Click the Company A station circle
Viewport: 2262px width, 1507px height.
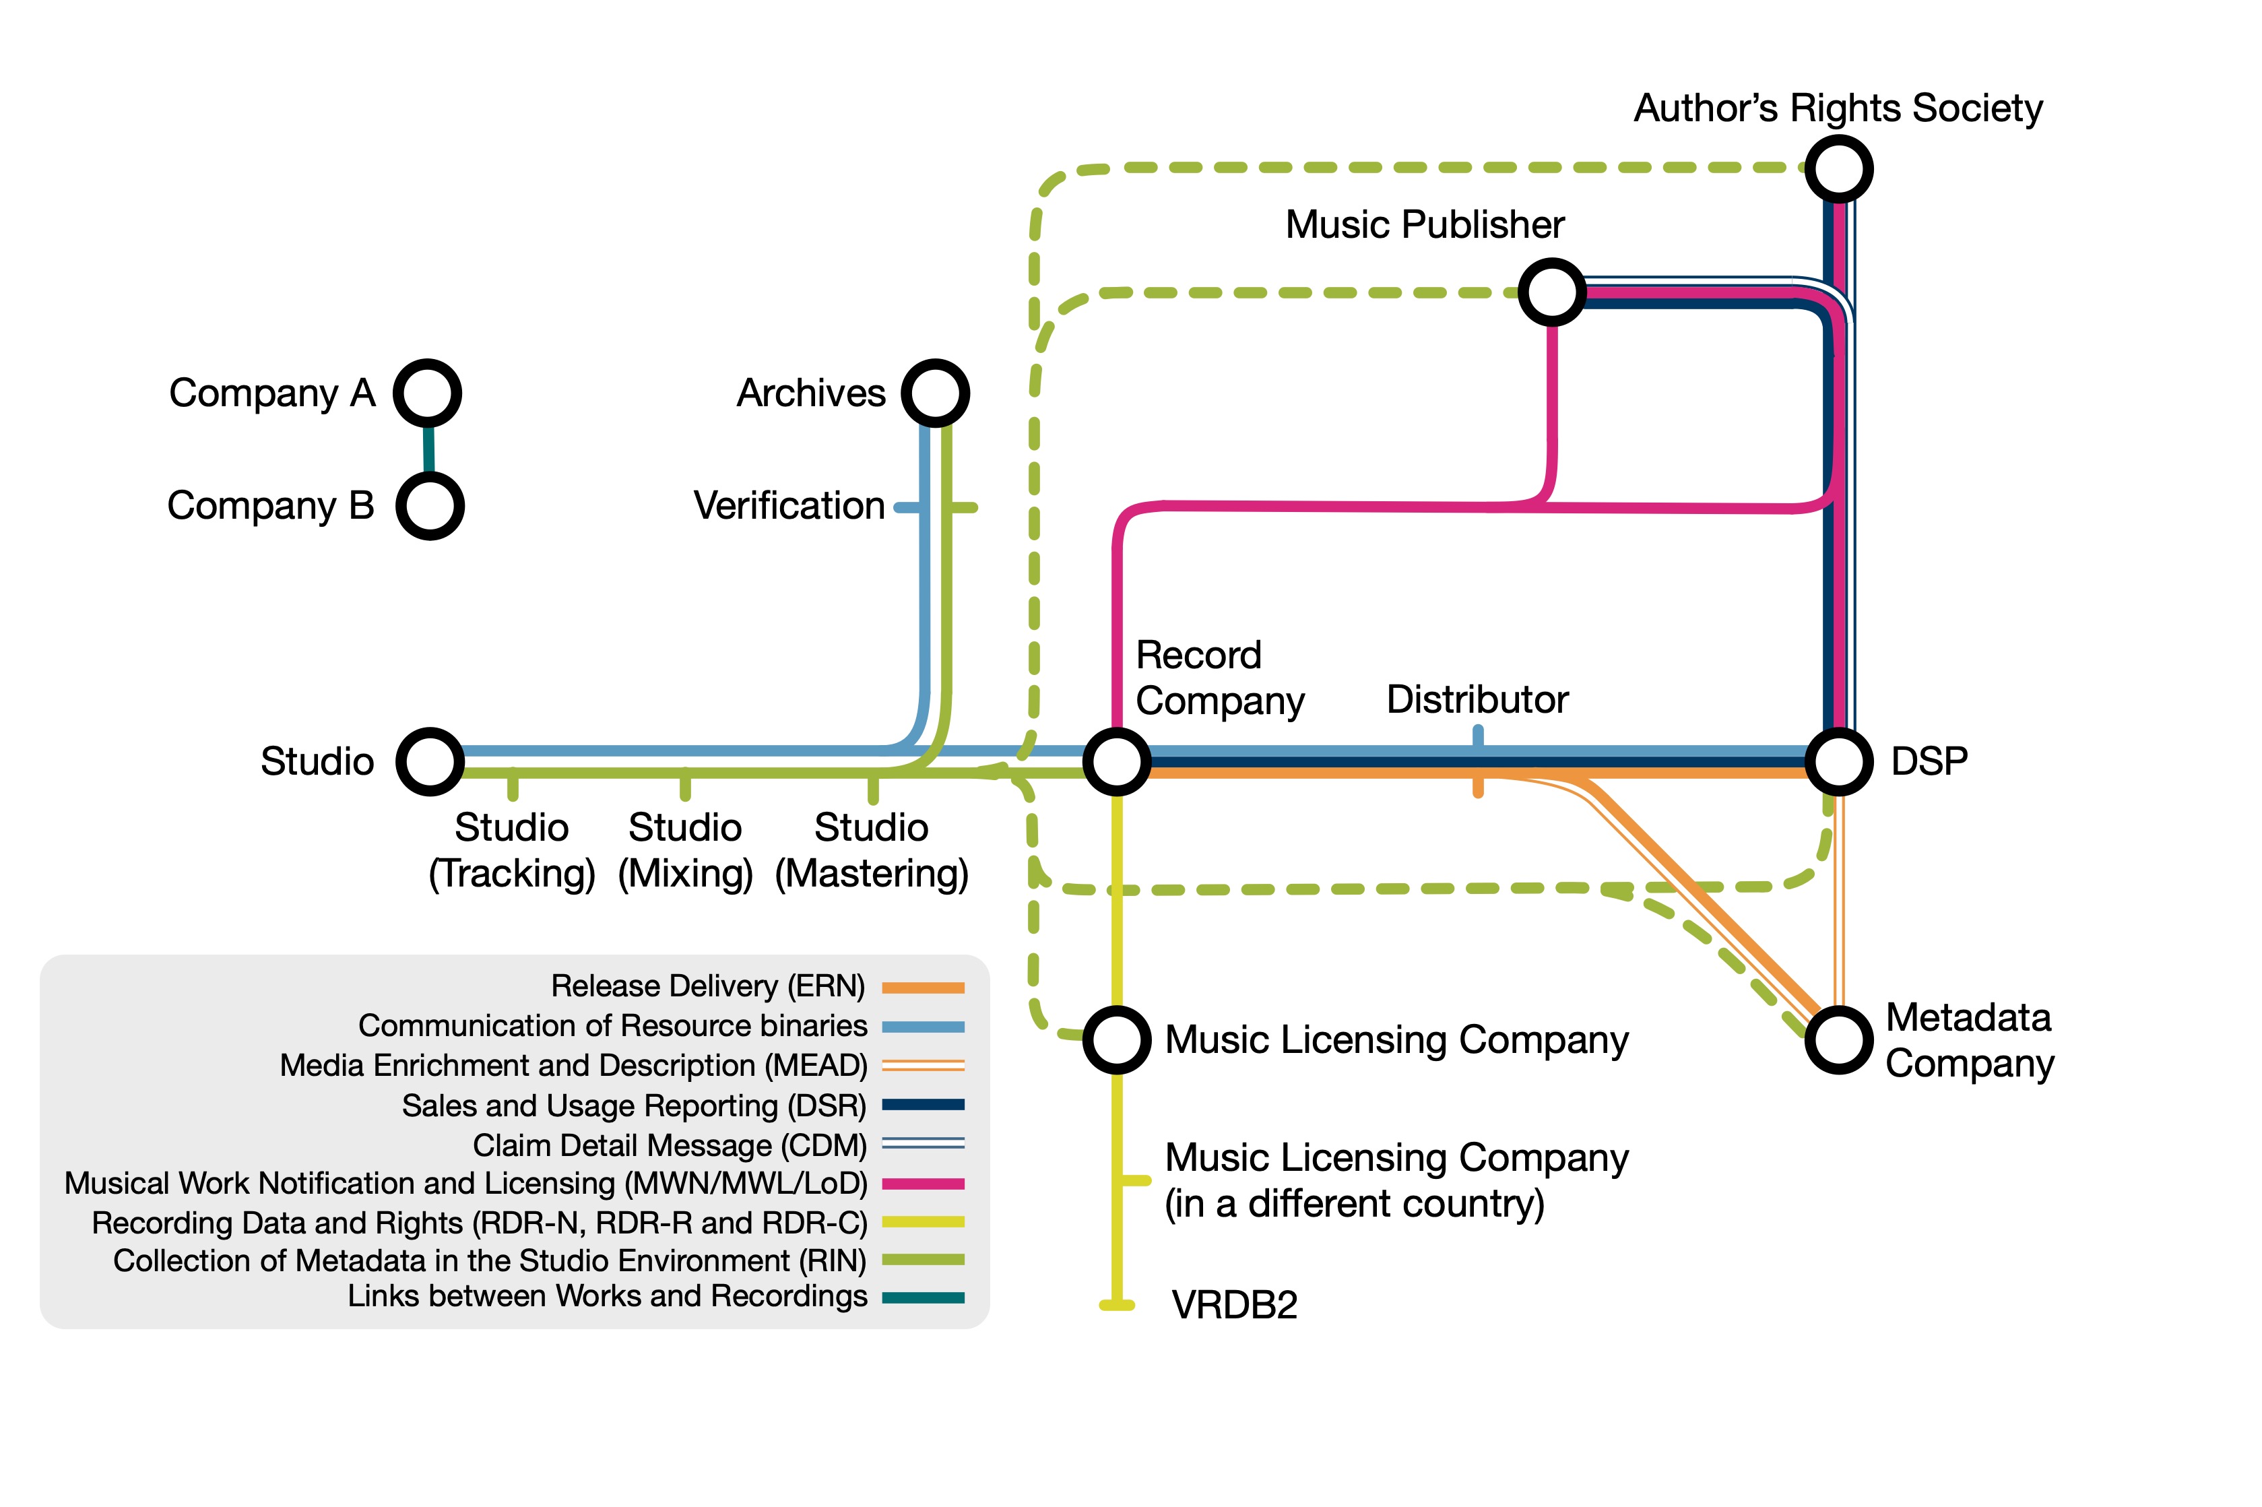tap(428, 393)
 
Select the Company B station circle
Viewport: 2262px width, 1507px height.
tap(430, 505)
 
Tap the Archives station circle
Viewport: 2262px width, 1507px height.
tap(935, 393)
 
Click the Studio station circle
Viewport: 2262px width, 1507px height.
tap(430, 761)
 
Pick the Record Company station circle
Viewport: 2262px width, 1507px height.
tap(1117, 761)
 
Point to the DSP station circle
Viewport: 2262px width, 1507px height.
tap(1838, 761)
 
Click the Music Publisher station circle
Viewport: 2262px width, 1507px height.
tap(1552, 291)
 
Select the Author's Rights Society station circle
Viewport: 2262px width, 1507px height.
tap(1838, 169)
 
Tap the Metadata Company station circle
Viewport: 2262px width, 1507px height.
tap(1838, 1040)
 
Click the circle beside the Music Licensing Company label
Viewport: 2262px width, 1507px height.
tap(1117, 1040)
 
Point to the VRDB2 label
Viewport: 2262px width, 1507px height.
tap(1234, 1305)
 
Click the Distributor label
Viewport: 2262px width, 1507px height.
tap(1477, 700)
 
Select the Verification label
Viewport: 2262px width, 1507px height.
tap(789, 505)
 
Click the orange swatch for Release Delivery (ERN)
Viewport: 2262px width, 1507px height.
tap(922, 987)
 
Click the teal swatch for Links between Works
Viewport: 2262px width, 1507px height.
tap(922, 1297)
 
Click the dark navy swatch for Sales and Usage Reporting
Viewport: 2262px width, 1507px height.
tap(922, 1105)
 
